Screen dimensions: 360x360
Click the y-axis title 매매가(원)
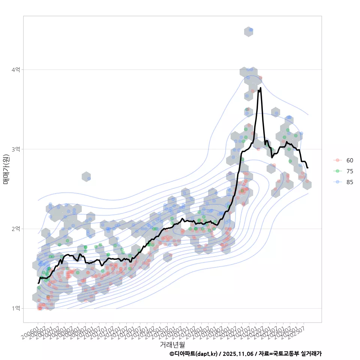(x=6, y=169)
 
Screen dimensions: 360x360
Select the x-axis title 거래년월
(x=172, y=344)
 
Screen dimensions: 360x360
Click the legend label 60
(x=349, y=160)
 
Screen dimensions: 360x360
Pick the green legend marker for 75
(x=337, y=171)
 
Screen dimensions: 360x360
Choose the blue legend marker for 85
(x=337, y=182)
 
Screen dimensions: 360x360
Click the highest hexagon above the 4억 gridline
(x=249, y=31)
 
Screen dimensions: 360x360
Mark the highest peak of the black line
(x=260, y=88)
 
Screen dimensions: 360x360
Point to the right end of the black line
(x=307, y=167)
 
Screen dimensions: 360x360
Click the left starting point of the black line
(x=38, y=283)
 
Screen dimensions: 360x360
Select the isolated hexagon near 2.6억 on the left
(x=86, y=177)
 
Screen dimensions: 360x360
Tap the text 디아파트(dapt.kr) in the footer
(x=196, y=354)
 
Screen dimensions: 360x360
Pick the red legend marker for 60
(x=337, y=160)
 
